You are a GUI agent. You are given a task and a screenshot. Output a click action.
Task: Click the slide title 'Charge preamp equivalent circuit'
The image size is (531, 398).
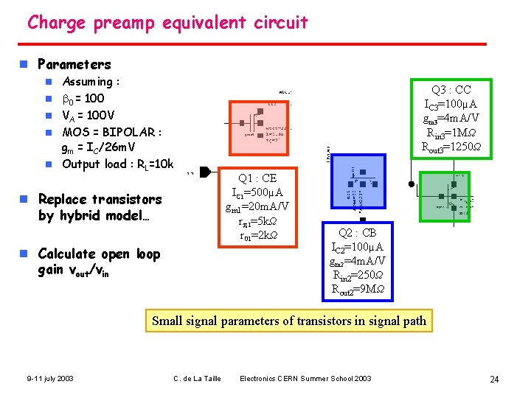[167, 22]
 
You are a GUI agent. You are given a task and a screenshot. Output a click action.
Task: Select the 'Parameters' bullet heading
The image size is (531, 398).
[74, 64]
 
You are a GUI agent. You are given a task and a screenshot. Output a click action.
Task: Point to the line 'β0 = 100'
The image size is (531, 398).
[83, 98]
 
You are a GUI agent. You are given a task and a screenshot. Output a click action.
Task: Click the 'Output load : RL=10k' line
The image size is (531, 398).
[118, 164]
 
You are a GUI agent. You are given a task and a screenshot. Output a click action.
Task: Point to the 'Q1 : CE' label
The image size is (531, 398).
[257, 178]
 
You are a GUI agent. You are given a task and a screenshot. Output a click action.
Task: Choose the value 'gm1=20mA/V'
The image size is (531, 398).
[257, 206]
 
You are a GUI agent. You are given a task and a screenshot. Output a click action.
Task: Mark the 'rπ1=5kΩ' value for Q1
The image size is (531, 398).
[257, 221]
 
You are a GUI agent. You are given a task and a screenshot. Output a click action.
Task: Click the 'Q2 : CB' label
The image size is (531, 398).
[357, 233]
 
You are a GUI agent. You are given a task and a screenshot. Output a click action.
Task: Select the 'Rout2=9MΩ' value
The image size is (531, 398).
[357, 290]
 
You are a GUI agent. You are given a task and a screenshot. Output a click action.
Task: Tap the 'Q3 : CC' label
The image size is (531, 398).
[451, 90]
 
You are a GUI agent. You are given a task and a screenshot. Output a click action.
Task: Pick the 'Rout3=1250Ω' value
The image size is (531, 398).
[451, 146]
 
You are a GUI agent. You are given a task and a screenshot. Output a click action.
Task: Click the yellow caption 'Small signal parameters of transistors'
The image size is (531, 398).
[288, 321]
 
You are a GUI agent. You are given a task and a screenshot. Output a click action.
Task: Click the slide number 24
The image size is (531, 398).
[494, 379]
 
